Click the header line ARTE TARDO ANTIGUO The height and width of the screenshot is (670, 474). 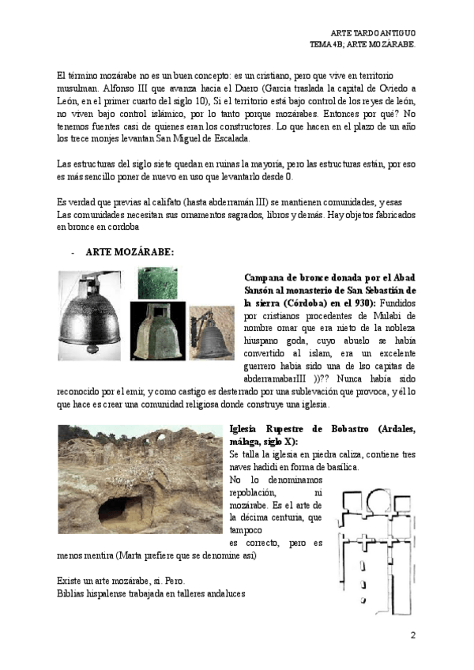[372, 32]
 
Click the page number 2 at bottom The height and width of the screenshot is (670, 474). [412, 634]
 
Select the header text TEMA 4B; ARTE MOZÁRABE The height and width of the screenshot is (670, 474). [363, 43]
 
